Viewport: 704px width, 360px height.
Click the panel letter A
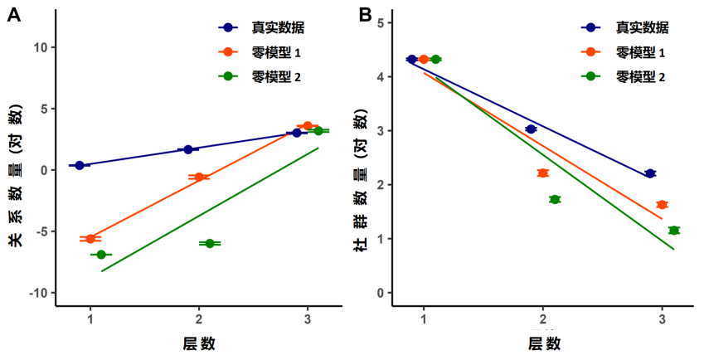14,15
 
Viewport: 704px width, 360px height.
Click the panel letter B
366,15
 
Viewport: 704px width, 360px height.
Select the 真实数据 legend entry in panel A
261,28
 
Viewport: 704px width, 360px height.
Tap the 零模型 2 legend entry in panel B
624,77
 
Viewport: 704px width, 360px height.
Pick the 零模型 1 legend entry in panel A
260,52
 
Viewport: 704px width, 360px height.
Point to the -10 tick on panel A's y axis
39,293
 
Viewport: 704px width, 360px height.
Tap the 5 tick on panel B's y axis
382,23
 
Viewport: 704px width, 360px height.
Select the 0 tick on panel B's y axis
382,293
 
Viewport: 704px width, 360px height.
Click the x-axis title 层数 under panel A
199,344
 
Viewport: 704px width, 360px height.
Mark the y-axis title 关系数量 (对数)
16,176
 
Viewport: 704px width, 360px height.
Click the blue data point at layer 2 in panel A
188,149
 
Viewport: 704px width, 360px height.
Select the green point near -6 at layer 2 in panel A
210,243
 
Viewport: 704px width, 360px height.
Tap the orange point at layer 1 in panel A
90,239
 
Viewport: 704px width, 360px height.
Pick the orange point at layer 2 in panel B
543,173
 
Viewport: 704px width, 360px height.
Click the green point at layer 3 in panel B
674,231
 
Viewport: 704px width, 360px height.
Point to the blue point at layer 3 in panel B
650,173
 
